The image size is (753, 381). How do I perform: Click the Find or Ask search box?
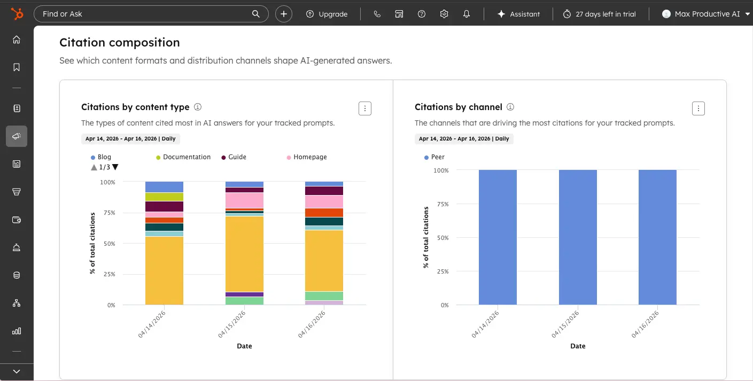pos(144,14)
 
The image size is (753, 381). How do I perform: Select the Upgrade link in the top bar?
pos(327,14)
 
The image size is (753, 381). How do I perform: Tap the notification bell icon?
pos(467,14)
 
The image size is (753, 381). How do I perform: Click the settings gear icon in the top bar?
pos(444,14)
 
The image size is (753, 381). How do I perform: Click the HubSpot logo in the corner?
pos(17,14)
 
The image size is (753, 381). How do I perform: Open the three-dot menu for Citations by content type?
pos(365,108)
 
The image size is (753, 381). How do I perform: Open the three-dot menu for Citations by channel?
pos(698,108)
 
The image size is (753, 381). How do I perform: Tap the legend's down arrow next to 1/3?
pos(115,167)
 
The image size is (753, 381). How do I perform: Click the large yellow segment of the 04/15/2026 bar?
pos(244,254)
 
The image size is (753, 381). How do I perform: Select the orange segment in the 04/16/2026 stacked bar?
pos(324,212)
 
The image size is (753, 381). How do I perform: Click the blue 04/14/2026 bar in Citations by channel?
pos(498,237)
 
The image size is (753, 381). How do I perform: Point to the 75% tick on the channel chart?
pos(441,204)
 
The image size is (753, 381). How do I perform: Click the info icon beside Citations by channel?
pos(510,107)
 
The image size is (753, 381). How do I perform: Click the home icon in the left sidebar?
pos(17,40)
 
